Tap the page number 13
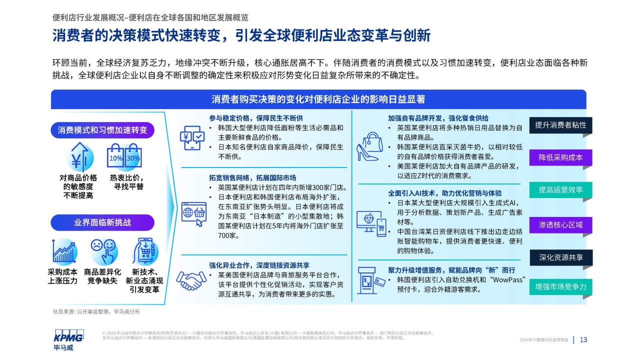point(583,339)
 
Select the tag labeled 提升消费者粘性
point(560,125)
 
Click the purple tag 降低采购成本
point(560,157)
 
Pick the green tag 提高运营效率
point(560,189)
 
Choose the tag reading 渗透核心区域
point(560,225)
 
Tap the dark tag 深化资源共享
point(561,257)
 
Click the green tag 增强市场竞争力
point(560,287)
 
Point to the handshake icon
point(191,280)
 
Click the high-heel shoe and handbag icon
point(369,146)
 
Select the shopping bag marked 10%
point(115,155)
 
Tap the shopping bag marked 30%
point(133,155)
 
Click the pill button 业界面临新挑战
point(102,222)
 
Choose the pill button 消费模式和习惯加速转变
point(102,130)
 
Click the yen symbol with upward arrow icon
point(79,157)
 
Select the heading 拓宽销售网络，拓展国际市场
point(252,178)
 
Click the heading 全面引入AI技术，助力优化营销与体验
point(445,193)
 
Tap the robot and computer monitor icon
point(371,223)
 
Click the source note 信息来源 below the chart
point(96,311)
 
